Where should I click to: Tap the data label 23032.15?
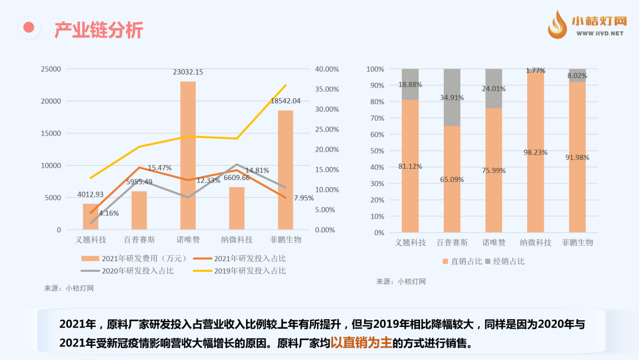tap(188, 72)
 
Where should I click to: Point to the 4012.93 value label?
tap(91, 194)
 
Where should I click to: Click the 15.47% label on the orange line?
tap(160, 168)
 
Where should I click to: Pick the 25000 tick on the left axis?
tap(50, 69)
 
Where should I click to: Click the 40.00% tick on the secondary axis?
tap(327, 69)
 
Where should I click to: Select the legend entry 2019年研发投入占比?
tap(240, 271)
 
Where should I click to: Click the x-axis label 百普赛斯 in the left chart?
tap(139, 240)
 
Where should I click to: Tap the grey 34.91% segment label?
tap(452, 98)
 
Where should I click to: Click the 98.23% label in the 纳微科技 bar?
tap(535, 152)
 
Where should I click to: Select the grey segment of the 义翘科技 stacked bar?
tap(410, 84)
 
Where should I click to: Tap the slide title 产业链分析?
tap(99, 30)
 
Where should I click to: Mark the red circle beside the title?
tap(28, 27)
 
